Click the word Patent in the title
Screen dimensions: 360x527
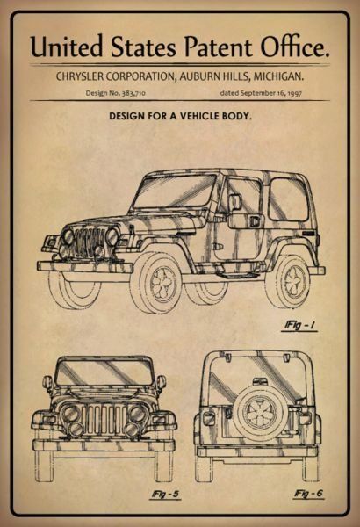click(x=219, y=47)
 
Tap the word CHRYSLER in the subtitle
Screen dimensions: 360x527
click(x=80, y=76)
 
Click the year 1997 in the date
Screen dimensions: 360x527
click(x=295, y=93)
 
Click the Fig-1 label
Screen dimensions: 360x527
click(x=299, y=325)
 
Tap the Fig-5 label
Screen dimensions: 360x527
click(x=165, y=494)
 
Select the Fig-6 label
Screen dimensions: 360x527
click(x=308, y=494)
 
